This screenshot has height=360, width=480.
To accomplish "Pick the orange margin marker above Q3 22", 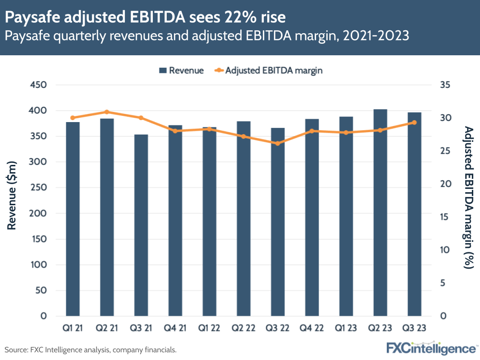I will point(278,143).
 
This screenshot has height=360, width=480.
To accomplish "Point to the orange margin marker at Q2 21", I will point(107,112).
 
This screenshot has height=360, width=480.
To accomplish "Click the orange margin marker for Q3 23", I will point(414,123).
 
